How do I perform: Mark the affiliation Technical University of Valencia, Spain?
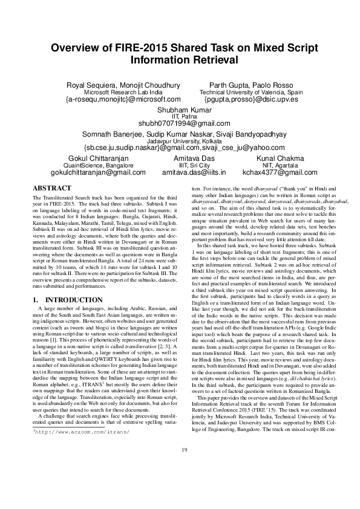click(x=251, y=91)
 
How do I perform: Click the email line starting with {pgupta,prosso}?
click(x=251, y=99)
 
